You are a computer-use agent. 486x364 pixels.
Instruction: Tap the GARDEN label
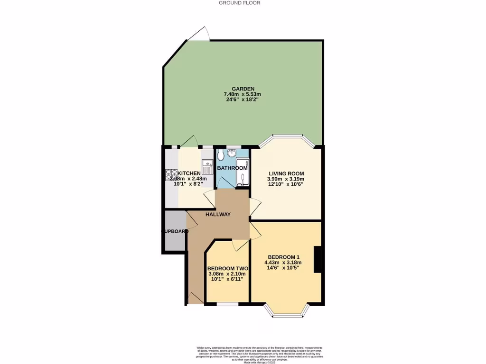243,89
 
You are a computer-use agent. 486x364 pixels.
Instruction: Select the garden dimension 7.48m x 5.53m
243,94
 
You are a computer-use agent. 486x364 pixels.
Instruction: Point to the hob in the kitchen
171,175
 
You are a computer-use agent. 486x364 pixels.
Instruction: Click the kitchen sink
207,167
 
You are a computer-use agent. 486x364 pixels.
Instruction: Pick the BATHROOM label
232,168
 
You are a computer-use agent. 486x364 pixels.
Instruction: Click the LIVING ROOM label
286,173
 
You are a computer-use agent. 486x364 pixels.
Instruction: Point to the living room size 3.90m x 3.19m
286,179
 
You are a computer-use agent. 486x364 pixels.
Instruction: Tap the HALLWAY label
218,215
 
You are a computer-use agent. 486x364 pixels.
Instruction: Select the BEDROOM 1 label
283,257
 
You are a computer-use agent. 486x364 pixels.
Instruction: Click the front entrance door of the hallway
195,298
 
